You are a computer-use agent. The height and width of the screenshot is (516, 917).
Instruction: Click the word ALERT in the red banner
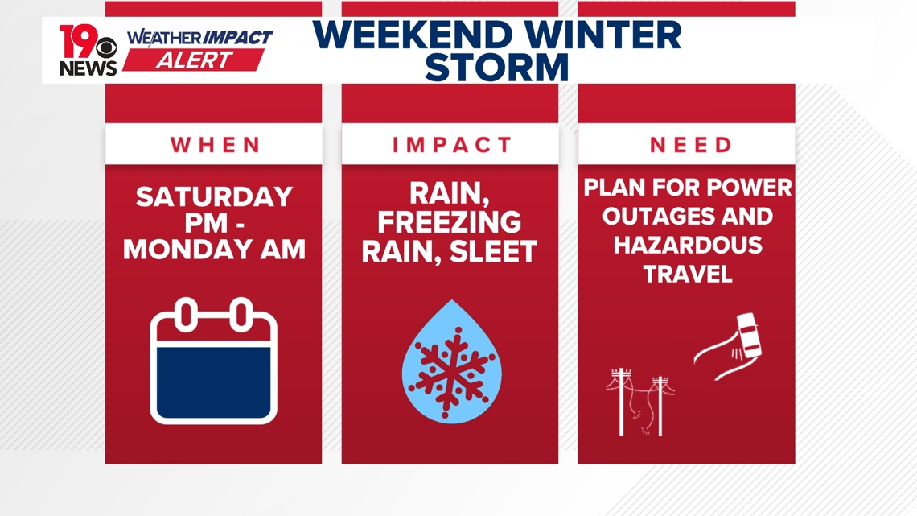pos(194,60)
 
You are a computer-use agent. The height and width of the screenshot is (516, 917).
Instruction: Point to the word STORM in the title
pos(496,68)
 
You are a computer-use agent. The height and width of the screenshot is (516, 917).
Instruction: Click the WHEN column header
pos(215,145)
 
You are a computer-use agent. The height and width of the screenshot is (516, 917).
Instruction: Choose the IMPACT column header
pos(451,145)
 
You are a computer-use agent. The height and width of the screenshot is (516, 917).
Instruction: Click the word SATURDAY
pos(214,197)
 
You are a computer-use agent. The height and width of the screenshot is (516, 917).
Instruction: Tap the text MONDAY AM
pos(214,250)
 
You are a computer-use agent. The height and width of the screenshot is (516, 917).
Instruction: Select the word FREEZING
pos(450,222)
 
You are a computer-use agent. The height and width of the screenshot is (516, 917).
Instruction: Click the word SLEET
pos(494,252)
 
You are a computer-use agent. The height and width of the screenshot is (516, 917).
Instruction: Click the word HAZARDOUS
pos(688,245)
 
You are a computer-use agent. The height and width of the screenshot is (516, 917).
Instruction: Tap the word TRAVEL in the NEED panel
pos(688,274)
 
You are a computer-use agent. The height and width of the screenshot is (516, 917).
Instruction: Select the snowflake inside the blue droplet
pos(450,367)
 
